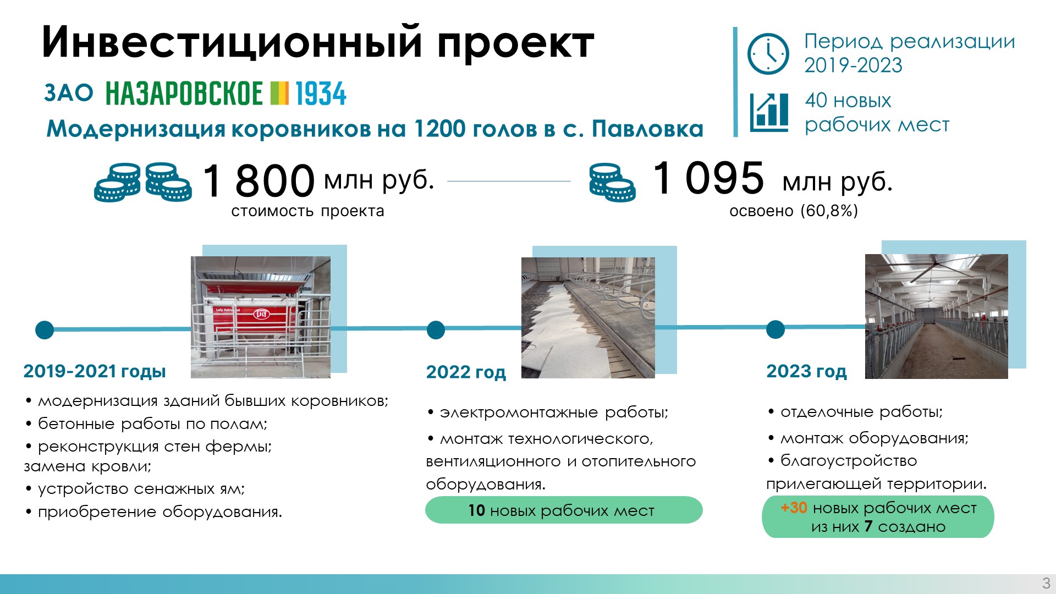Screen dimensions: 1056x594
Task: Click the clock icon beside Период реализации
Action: click(768, 54)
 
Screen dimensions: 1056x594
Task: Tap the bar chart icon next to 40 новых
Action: click(769, 112)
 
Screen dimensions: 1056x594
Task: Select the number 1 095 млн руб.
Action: click(772, 178)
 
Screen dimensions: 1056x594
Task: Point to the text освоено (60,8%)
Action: click(794, 211)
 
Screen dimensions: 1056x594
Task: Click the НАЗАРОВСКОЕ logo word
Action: click(184, 94)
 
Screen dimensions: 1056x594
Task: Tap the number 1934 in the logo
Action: click(321, 94)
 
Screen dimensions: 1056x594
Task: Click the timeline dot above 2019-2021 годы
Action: click(45, 330)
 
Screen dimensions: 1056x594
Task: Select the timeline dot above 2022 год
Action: click(436, 330)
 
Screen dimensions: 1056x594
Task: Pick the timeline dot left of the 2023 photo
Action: click(776, 329)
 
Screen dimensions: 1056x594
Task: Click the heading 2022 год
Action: click(466, 372)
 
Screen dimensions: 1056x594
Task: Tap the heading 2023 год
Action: click(806, 371)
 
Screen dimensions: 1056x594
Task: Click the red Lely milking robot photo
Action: click(261, 317)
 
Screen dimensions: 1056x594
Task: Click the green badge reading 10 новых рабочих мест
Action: click(564, 510)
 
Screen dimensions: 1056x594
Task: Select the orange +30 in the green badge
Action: click(794, 508)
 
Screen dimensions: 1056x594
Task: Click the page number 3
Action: click(1046, 583)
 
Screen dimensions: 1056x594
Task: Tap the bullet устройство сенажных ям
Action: click(135, 489)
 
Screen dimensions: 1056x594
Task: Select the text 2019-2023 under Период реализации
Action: click(853, 65)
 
